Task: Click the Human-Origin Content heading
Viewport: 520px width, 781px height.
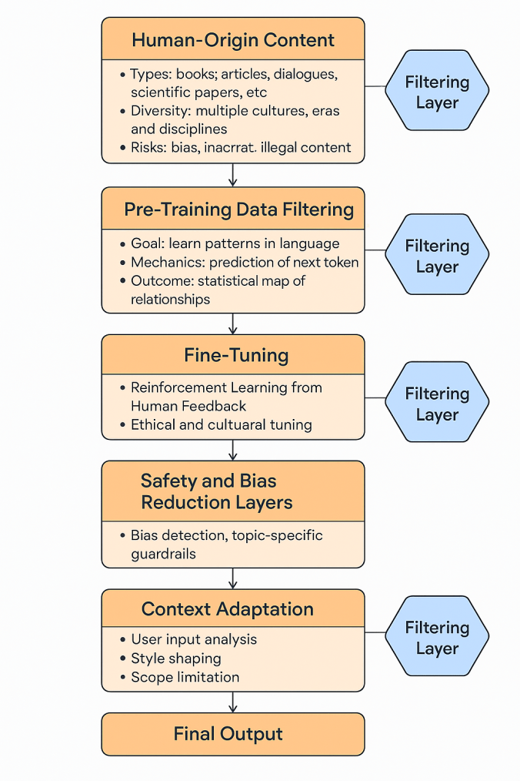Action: point(232,40)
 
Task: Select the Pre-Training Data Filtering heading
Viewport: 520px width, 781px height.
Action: point(238,209)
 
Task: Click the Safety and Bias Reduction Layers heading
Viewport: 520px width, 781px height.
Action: point(216,492)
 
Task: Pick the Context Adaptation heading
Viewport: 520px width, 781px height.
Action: point(228,609)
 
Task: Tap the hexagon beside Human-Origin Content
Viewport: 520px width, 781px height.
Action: point(437,92)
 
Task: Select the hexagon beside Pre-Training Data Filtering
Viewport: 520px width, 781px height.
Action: point(437,256)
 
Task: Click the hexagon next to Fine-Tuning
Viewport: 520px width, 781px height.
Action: point(437,404)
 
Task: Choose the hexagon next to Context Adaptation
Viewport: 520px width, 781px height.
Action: point(437,638)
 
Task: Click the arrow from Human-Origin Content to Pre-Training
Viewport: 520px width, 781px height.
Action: point(233,175)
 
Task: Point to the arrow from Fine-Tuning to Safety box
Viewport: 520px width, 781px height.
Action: point(233,450)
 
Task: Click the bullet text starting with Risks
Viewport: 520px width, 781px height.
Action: point(240,147)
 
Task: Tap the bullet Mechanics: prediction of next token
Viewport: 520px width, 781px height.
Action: point(245,263)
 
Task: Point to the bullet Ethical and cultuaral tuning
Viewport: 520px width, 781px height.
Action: point(221,424)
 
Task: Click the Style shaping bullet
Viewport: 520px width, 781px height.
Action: point(176,659)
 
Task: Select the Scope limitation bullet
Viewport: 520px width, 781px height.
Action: point(185,678)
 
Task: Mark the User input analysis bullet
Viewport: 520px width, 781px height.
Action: point(194,639)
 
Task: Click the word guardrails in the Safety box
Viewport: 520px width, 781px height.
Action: point(163,553)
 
